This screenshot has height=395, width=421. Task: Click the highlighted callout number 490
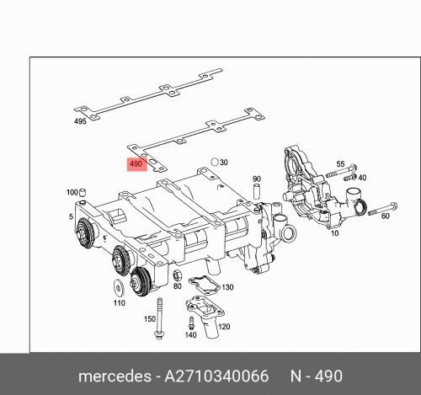pos(135,163)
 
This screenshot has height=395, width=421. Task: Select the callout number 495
pos(81,122)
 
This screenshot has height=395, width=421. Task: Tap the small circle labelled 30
pos(216,160)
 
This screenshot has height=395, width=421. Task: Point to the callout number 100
pos(72,193)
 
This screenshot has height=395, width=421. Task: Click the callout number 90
pos(257,179)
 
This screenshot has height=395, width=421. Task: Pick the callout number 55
pos(341,163)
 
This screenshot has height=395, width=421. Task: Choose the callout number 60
pos(386,216)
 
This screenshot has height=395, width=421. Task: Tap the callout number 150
pos(150,319)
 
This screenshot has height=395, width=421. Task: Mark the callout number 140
pos(190,335)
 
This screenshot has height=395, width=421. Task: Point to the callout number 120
pos(224,326)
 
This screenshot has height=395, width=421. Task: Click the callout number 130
pos(227,287)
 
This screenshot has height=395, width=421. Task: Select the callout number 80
pos(177,286)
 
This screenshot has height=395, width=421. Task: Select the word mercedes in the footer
pos(115,373)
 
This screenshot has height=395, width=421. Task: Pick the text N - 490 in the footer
pos(317,373)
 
